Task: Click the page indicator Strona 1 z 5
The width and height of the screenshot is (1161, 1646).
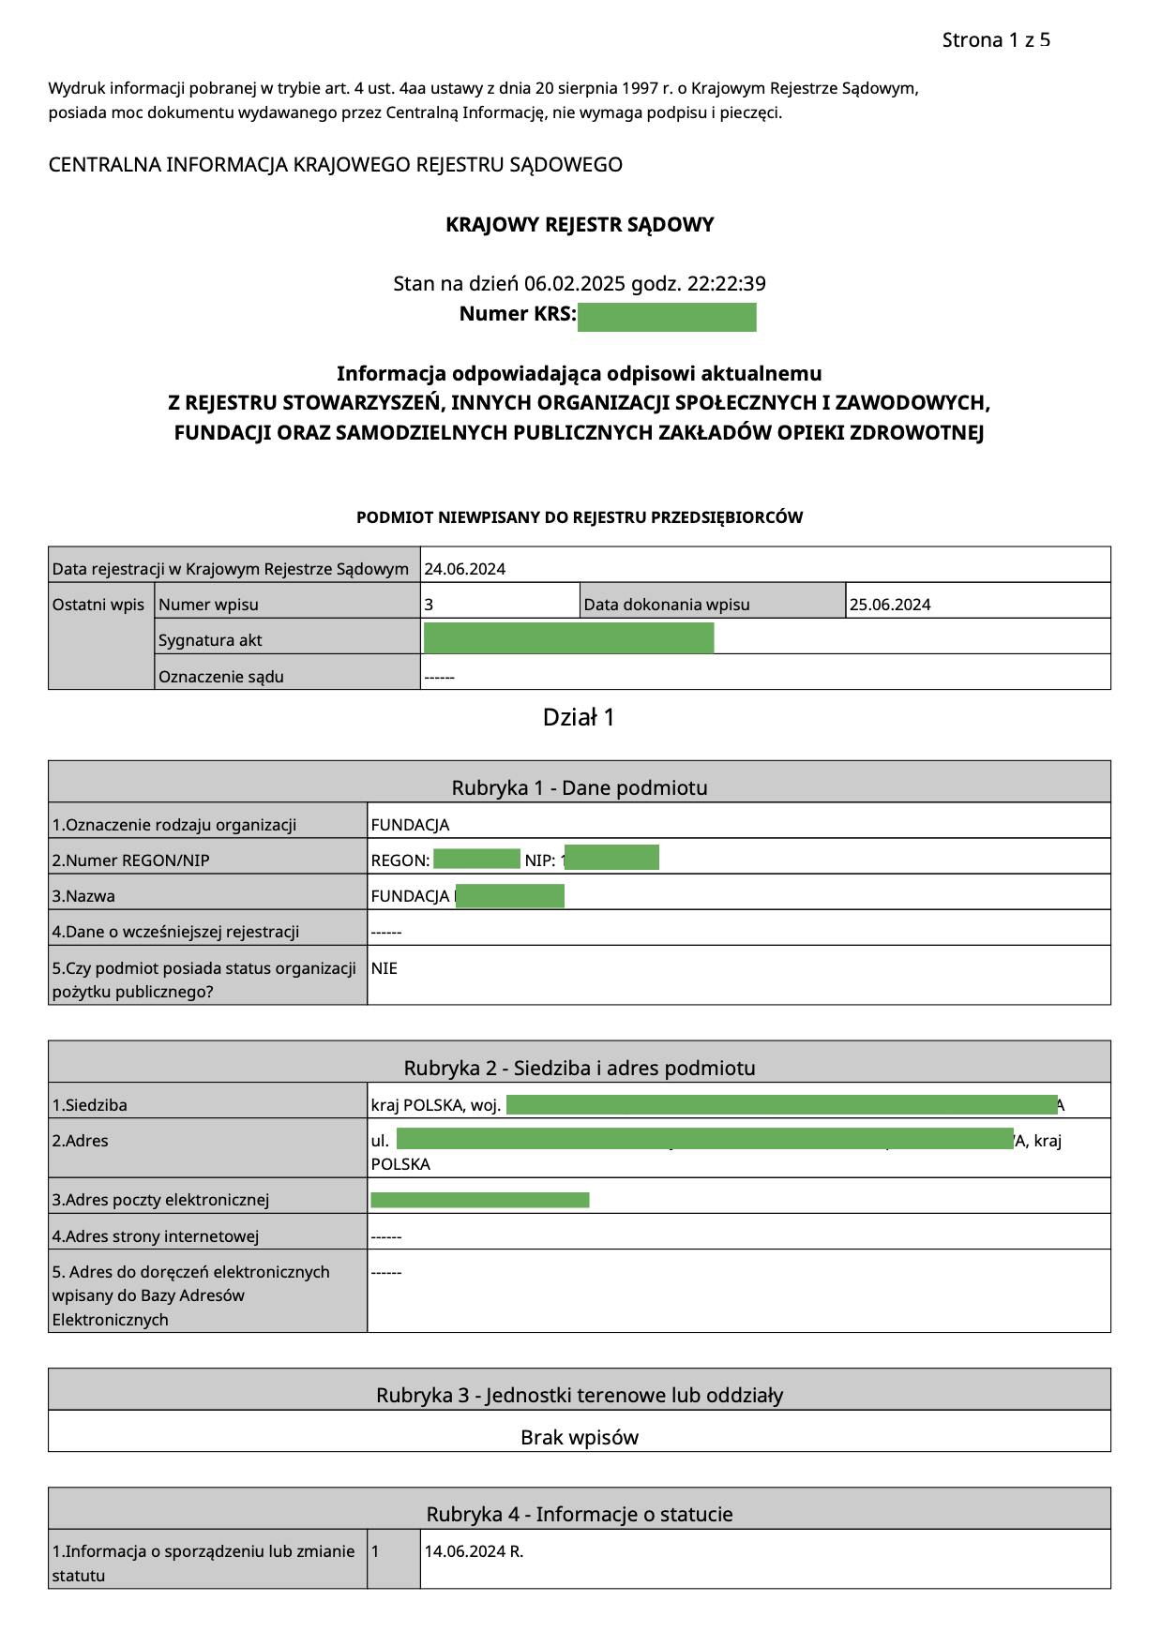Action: point(996,40)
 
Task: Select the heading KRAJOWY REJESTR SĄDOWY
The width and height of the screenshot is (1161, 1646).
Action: point(580,225)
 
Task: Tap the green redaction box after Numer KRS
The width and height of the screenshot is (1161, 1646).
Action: point(667,317)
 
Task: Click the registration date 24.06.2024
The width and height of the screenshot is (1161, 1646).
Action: point(465,569)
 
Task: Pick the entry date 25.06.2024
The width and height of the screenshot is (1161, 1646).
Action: point(890,605)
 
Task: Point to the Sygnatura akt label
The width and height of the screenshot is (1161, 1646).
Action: point(210,640)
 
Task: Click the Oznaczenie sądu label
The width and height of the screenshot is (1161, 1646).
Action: point(221,677)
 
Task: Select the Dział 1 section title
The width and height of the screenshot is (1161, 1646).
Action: point(579,718)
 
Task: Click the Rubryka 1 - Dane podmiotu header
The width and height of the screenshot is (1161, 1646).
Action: point(580,788)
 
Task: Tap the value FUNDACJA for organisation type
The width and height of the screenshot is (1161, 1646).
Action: point(411,825)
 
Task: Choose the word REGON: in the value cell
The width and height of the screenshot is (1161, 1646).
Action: point(400,860)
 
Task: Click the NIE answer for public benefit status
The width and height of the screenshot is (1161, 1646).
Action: point(384,968)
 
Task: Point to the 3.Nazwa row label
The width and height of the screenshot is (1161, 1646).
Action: point(83,896)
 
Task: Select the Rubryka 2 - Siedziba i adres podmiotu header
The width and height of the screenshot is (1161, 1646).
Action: point(580,1069)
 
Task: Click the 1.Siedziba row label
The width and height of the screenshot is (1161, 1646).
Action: point(90,1105)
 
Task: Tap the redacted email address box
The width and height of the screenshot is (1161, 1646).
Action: point(480,1200)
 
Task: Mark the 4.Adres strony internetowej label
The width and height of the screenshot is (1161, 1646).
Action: point(156,1236)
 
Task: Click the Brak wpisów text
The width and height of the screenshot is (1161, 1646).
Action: point(580,1438)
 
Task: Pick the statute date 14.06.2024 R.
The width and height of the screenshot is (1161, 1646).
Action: point(474,1551)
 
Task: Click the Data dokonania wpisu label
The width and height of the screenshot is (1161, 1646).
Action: point(667,605)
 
